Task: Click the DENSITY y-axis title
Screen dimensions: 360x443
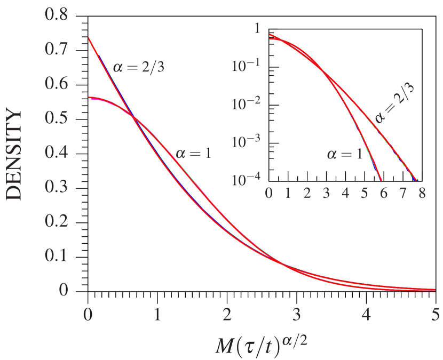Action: [14, 155]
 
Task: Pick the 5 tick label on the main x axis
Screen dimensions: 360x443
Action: [436, 314]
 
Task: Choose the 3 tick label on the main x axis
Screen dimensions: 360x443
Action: [296, 314]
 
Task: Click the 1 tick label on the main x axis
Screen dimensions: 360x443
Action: [157, 314]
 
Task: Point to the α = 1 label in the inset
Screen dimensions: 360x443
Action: [345, 155]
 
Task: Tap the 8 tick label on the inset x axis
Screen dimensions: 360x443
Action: [422, 193]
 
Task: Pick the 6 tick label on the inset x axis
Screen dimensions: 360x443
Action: [383, 193]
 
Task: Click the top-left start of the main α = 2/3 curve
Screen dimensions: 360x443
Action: [89, 38]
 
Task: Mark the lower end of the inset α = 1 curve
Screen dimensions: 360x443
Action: [381, 180]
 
